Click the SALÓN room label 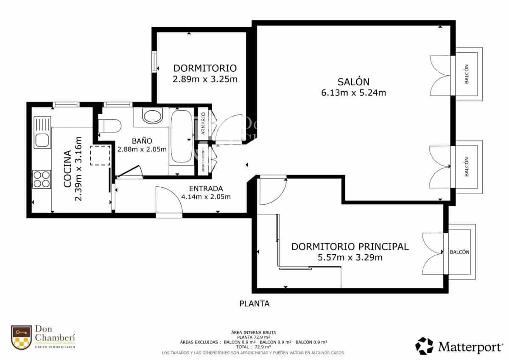353,82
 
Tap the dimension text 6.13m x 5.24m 353,93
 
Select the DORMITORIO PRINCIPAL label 350,246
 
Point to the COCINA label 67,169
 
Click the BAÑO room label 142,141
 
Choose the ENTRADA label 206,188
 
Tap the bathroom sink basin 152,116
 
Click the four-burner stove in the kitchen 42,179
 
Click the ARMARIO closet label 203,124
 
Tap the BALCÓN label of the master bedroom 459,252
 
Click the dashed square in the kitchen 100,155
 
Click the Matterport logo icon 424,346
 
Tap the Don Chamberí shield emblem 22,337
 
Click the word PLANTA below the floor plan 255,304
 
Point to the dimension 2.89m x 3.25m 205,79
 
